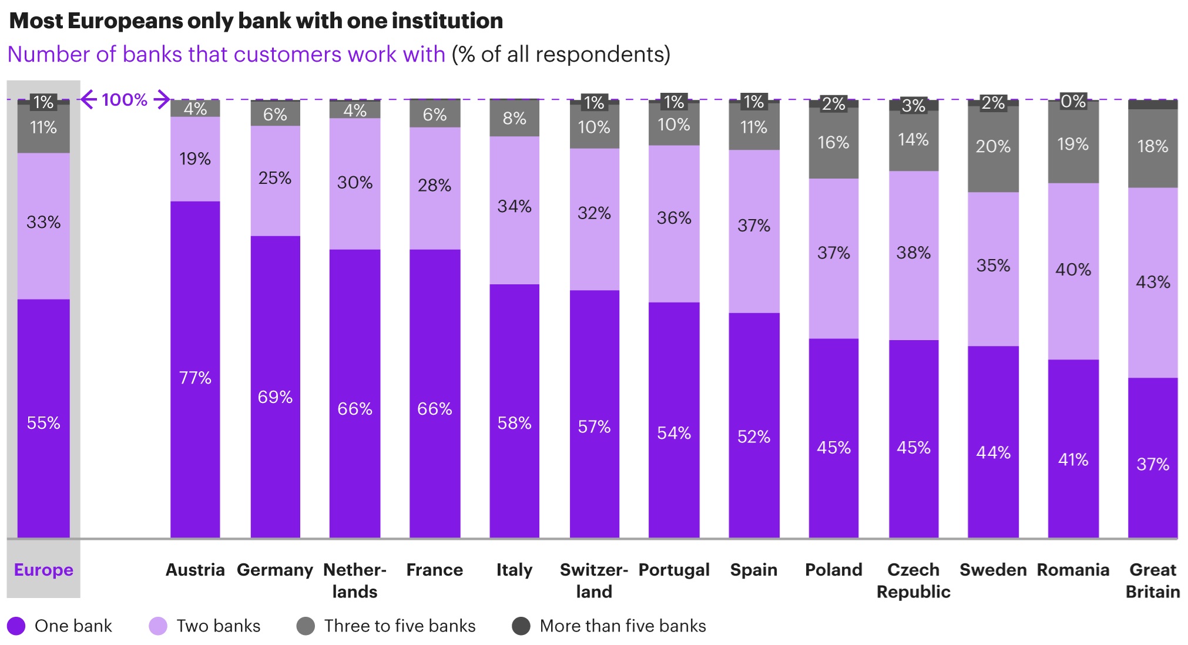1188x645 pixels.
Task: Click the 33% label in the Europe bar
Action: (x=43, y=222)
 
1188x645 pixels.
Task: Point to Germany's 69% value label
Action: (x=275, y=397)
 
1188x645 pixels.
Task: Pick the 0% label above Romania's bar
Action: (x=1073, y=101)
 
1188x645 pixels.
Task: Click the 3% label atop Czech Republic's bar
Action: (x=913, y=106)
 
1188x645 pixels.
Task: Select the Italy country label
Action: (x=514, y=569)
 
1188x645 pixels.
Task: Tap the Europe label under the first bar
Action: (x=43, y=569)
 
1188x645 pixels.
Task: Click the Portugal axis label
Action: (x=674, y=569)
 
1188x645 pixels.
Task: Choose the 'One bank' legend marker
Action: (x=16, y=626)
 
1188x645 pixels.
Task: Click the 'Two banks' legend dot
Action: (x=158, y=626)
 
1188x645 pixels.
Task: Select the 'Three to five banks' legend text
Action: (x=400, y=626)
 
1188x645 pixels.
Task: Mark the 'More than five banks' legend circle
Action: (x=521, y=626)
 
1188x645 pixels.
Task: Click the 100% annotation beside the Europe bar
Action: (x=125, y=99)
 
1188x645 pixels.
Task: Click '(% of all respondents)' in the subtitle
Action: (x=561, y=54)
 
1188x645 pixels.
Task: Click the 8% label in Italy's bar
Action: (x=514, y=118)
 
